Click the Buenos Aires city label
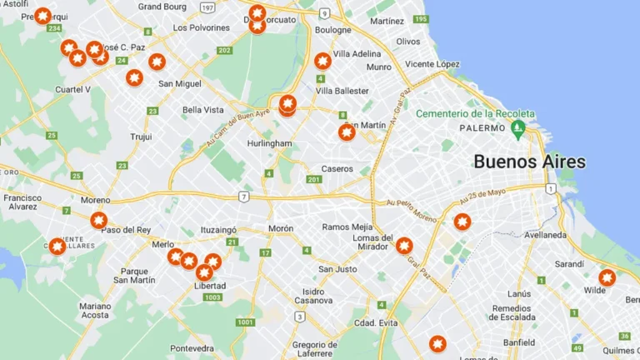point(529,162)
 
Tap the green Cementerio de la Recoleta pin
point(517,129)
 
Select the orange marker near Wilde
point(607,277)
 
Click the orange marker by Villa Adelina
point(322,61)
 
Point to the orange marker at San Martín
point(347,132)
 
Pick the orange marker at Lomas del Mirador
point(404,245)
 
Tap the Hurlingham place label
point(269,143)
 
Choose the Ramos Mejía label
point(347,227)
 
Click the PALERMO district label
point(486,128)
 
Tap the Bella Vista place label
point(203,109)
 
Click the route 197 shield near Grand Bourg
point(207,7)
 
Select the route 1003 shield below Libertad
point(212,297)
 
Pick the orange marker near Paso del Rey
point(99,220)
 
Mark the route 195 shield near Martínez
point(421,18)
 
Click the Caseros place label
point(337,168)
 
